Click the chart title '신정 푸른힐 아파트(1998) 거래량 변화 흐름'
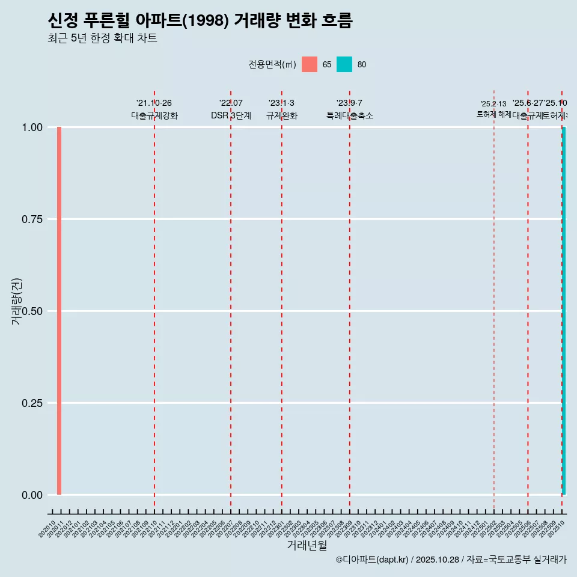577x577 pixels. [x=200, y=20]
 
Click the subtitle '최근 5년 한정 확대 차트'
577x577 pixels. [x=102, y=38]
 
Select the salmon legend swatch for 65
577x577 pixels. [x=310, y=64]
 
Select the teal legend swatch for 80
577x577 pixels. [x=344, y=64]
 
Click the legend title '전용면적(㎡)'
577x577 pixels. [x=272, y=64]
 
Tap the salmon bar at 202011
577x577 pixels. [x=60, y=311]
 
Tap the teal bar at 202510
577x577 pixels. [x=564, y=311]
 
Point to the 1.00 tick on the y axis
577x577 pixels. [x=32, y=127]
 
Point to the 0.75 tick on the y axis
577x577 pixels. [x=32, y=219]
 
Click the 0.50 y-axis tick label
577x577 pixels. [x=32, y=311]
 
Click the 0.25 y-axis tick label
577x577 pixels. [x=32, y=403]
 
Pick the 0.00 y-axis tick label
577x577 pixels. [x=32, y=495]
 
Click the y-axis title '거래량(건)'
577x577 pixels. [x=16, y=302]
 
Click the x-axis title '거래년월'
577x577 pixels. [x=307, y=545]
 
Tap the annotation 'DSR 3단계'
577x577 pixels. [x=231, y=115]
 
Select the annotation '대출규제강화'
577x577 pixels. [x=154, y=115]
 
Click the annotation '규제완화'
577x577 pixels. [x=281, y=115]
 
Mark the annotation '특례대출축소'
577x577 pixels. [x=350, y=115]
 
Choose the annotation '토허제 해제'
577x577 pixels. [x=493, y=114]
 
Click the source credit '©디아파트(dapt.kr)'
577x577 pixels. [x=372, y=560]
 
